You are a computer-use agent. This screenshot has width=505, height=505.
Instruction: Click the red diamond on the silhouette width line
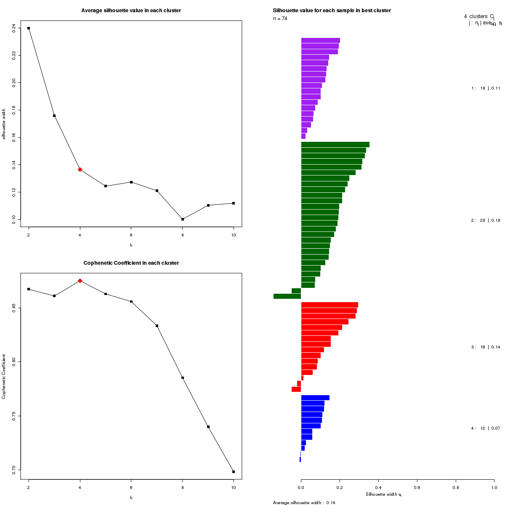click(x=80, y=169)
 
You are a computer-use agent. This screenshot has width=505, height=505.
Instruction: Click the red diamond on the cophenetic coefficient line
click(x=80, y=281)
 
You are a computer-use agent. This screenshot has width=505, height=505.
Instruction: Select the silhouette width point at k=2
click(x=29, y=28)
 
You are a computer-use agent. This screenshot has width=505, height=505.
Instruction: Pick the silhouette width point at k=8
click(x=183, y=219)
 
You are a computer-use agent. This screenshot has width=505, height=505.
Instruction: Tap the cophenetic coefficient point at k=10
click(x=234, y=472)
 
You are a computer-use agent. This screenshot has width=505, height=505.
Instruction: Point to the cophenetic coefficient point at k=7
click(x=157, y=326)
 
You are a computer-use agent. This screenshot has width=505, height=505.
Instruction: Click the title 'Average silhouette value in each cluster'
click(x=131, y=11)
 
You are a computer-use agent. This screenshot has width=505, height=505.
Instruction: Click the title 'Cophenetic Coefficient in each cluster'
click(x=131, y=263)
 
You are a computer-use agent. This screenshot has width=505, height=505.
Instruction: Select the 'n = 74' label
click(x=280, y=19)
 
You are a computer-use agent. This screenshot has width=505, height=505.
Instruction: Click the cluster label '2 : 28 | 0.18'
click(x=486, y=220)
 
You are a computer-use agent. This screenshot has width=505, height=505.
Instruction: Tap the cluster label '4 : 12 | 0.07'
click(x=486, y=428)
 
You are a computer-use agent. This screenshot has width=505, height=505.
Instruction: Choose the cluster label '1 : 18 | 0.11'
click(x=486, y=88)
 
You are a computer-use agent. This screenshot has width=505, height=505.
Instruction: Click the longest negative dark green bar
click(x=287, y=296)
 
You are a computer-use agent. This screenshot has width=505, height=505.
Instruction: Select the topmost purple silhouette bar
click(x=320, y=40)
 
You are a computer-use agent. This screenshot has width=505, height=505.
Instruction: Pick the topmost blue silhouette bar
click(x=315, y=398)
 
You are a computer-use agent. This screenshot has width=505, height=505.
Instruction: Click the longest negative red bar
click(x=296, y=389)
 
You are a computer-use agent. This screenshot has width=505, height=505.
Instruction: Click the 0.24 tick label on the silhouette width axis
click(x=14, y=28)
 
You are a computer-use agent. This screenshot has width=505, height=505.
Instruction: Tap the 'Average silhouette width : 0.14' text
click(x=304, y=502)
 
